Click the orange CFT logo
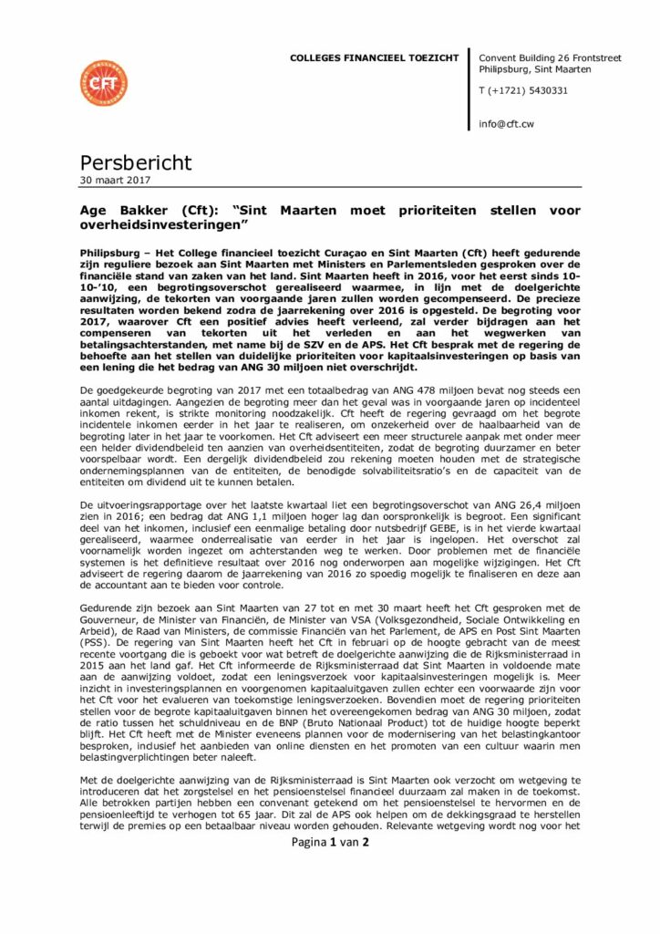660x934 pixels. click(103, 83)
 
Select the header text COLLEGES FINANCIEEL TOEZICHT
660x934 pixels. click(374, 58)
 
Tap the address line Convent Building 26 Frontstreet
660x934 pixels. click(550, 58)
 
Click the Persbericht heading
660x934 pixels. click(136, 163)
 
